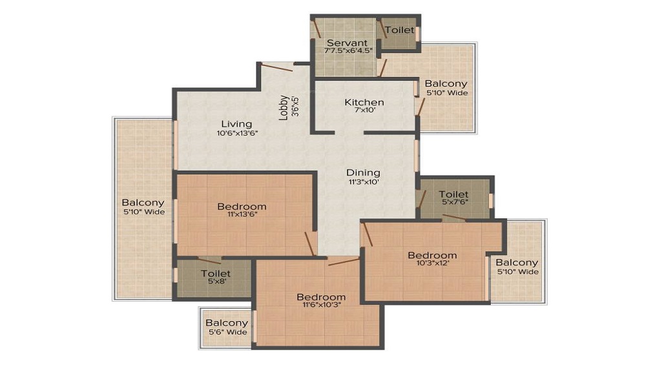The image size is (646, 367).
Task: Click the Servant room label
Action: pos(347,43)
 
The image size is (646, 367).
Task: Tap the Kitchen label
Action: pos(364,102)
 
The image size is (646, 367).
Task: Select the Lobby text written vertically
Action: pos(284,108)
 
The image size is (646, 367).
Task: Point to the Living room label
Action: pos(236,124)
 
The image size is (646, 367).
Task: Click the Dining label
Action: pos(363,173)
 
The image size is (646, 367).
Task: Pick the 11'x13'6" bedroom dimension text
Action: pos(242,215)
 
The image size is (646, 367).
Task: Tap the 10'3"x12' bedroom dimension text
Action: pos(432,264)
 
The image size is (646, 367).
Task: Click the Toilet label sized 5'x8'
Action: pos(216,273)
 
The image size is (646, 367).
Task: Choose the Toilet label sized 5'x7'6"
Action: pos(453,194)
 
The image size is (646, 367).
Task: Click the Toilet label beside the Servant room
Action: pos(399,30)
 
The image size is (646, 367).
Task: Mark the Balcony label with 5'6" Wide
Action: pos(227,323)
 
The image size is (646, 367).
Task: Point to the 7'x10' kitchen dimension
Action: pos(364,110)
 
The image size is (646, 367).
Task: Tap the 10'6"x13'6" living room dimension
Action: pos(236,133)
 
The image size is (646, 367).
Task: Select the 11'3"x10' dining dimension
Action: pos(363,182)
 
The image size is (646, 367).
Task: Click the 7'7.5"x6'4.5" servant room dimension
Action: pos(349,51)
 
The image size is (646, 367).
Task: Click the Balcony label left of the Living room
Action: pos(143,202)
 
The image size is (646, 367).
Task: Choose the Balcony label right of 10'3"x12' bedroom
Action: pos(517,262)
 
